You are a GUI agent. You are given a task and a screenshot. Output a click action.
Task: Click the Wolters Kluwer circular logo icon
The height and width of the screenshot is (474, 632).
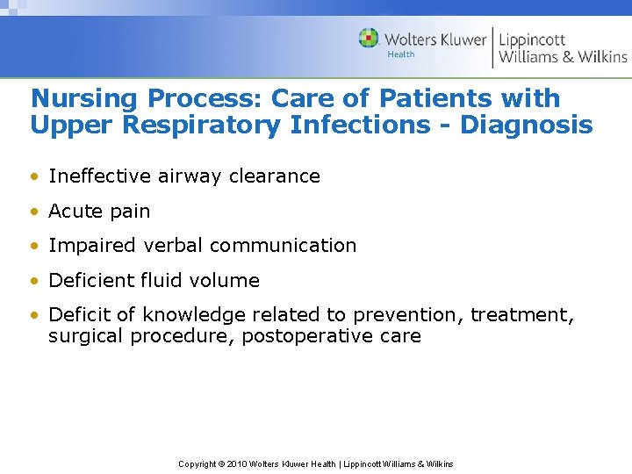point(369,38)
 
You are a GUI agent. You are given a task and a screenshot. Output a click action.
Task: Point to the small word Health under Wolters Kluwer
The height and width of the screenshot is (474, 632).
point(400,54)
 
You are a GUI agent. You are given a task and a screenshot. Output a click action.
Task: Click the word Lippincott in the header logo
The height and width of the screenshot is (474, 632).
point(532,39)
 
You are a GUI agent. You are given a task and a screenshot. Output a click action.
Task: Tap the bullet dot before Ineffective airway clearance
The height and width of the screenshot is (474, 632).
point(36,176)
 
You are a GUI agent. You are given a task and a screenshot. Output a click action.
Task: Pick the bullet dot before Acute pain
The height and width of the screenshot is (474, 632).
point(36,212)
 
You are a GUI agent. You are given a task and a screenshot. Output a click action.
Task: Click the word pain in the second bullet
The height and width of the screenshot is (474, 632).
point(129,212)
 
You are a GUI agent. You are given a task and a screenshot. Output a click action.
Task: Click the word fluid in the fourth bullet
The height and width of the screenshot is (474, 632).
point(159,281)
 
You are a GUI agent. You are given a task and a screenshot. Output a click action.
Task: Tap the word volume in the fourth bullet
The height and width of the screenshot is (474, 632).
point(226,281)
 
